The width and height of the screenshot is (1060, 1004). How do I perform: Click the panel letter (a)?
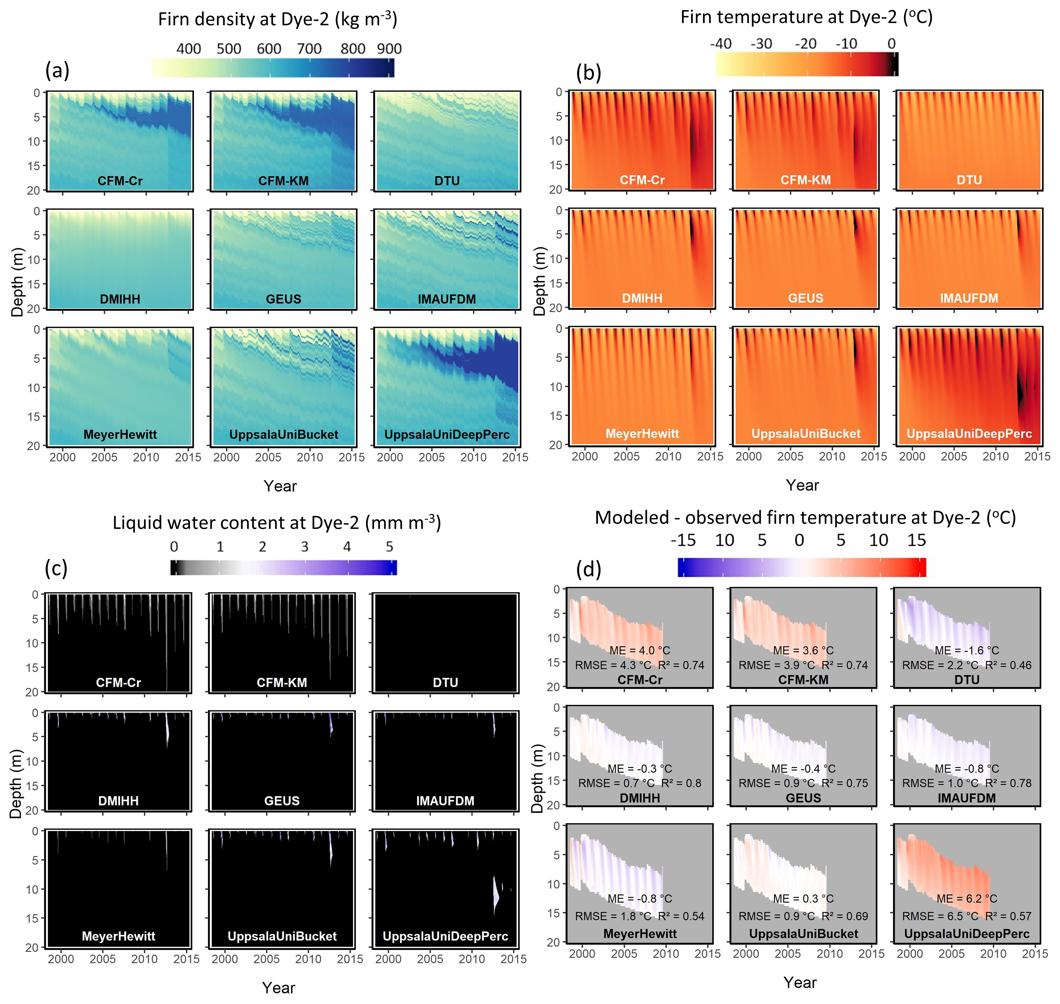57,70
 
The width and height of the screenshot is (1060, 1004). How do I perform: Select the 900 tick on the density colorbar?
389,49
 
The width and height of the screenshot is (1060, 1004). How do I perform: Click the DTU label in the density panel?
447,181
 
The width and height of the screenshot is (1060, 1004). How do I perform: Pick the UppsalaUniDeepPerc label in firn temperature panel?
969,434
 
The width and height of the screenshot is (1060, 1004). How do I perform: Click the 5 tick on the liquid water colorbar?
389,546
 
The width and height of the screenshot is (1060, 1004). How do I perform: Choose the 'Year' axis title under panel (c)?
278,987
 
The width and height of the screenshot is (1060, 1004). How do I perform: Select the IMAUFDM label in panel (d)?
967,798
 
